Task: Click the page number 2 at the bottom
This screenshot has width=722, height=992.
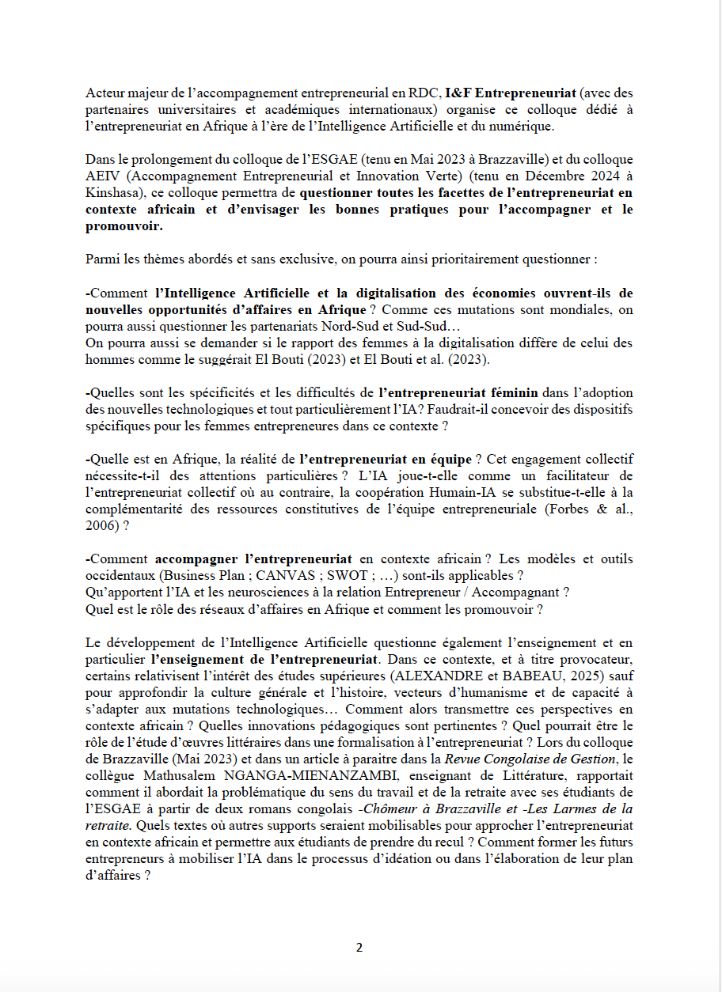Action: (x=359, y=948)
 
